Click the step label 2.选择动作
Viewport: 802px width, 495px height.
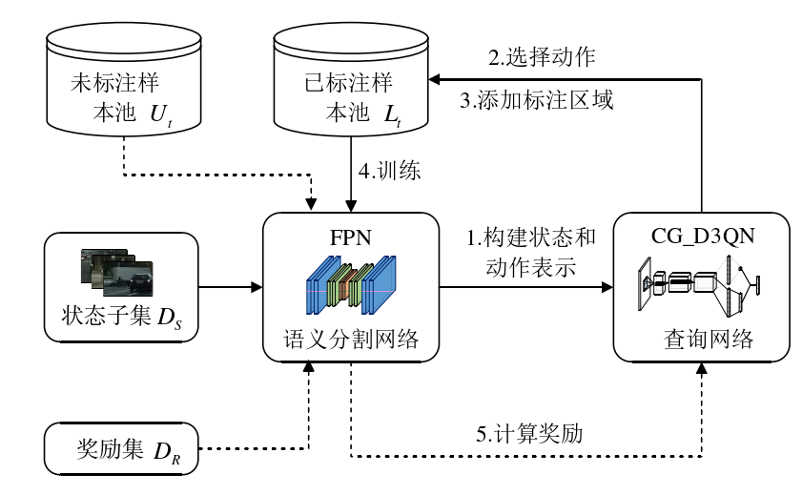542,56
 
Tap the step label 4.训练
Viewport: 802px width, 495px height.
389,172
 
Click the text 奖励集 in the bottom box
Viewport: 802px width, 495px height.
108,448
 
